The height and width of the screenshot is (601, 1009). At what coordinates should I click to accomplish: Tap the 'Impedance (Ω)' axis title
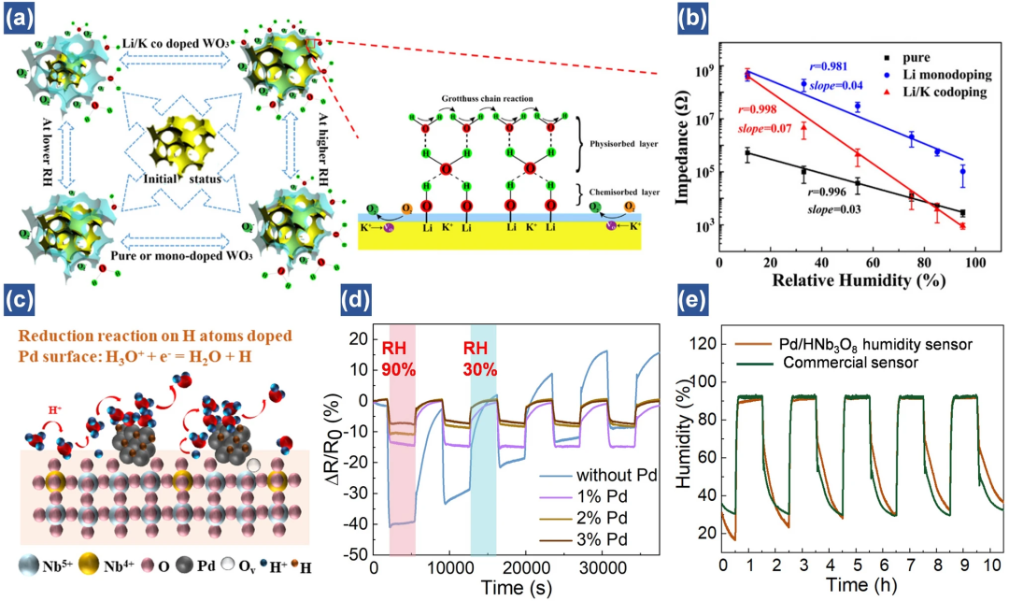pyautogui.click(x=678, y=150)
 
